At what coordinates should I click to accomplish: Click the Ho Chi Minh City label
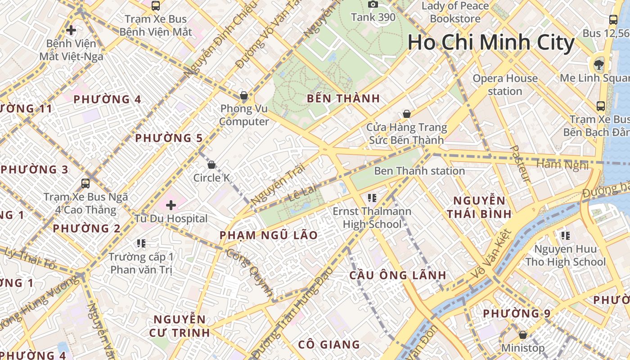pyautogui.click(x=490, y=43)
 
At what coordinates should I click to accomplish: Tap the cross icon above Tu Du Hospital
pyautogui.click(x=171, y=205)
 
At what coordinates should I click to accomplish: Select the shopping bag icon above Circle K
pyautogui.click(x=211, y=165)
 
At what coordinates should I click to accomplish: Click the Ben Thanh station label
pyautogui.click(x=419, y=171)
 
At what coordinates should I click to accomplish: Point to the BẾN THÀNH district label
pyautogui.click(x=343, y=99)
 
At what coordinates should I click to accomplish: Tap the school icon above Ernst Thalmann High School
pyautogui.click(x=372, y=198)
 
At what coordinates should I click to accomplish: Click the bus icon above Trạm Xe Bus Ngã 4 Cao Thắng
pyautogui.click(x=85, y=184)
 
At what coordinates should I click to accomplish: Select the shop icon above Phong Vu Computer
pyautogui.click(x=243, y=95)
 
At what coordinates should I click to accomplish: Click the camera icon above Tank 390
pyautogui.click(x=373, y=4)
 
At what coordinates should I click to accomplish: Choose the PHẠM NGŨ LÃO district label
pyautogui.click(x=269, y=235)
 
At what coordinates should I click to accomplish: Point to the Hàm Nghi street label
pyautogui.click(x=562, y=164)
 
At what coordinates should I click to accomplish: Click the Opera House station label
pyautogui.click(x=505, y=85)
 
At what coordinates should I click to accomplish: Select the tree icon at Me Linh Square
pyautogui.click(x=599, y=65)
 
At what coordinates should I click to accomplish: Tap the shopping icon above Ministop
pyautogui.click(x=522, y=335)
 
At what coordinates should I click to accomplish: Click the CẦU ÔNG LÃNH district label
pyautogui.click(x=398, y=275)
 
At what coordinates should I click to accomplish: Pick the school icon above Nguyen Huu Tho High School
pyautogui.click(x=566, y=235)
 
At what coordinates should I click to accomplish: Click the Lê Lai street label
pyautogui.click(x=298, y=197)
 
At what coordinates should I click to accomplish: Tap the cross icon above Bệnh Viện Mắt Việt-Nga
pyautogui.click(x=71, y=31)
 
